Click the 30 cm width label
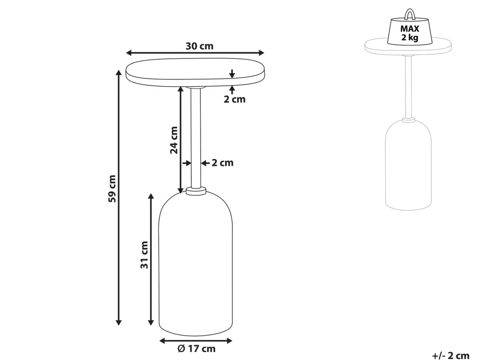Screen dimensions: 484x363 [199, 46]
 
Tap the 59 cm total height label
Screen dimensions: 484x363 [112, 188]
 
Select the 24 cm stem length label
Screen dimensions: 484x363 [174, 140]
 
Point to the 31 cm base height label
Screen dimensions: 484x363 [144, 255]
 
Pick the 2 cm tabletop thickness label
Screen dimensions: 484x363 [234, 99]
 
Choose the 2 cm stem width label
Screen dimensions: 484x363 [223, 163]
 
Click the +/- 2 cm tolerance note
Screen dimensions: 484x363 [451, 356]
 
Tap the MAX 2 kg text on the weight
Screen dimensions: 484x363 [410, 33]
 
